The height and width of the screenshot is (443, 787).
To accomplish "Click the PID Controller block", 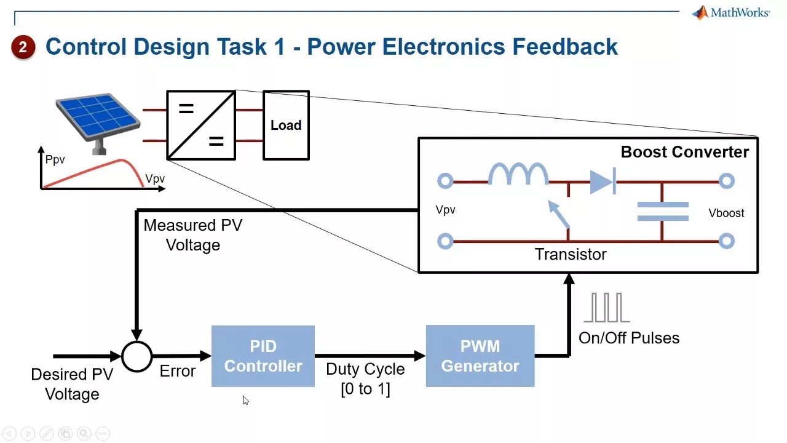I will click(x=263, y=356).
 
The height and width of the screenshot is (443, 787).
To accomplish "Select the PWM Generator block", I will click(x=480, y=356).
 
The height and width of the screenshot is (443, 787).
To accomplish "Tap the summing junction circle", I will click(x=136, y=356).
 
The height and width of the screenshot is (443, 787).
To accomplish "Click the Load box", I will click(x=286, y=126).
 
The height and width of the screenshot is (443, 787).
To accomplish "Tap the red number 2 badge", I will click(x=23, y=47).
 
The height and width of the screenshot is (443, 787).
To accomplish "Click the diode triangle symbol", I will click(x=602, y=182).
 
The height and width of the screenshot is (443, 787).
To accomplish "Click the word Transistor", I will click(x=571, y=254).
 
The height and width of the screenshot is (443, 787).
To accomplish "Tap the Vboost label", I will click(x=726, y=213).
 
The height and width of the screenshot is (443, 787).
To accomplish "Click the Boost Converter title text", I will click(x=684, y=152).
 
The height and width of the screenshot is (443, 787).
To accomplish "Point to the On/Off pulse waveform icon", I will click(x=606, y=308).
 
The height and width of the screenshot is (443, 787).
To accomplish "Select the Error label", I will click(x=178, y=371).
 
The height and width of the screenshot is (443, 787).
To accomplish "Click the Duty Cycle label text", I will click(x=365, y=369).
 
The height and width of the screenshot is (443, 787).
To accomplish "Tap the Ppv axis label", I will click(x=55, y=160).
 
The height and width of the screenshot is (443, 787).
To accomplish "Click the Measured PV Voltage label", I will click(x=193, y=235).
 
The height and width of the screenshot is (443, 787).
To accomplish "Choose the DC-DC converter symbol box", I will click(x=201, y=126).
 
